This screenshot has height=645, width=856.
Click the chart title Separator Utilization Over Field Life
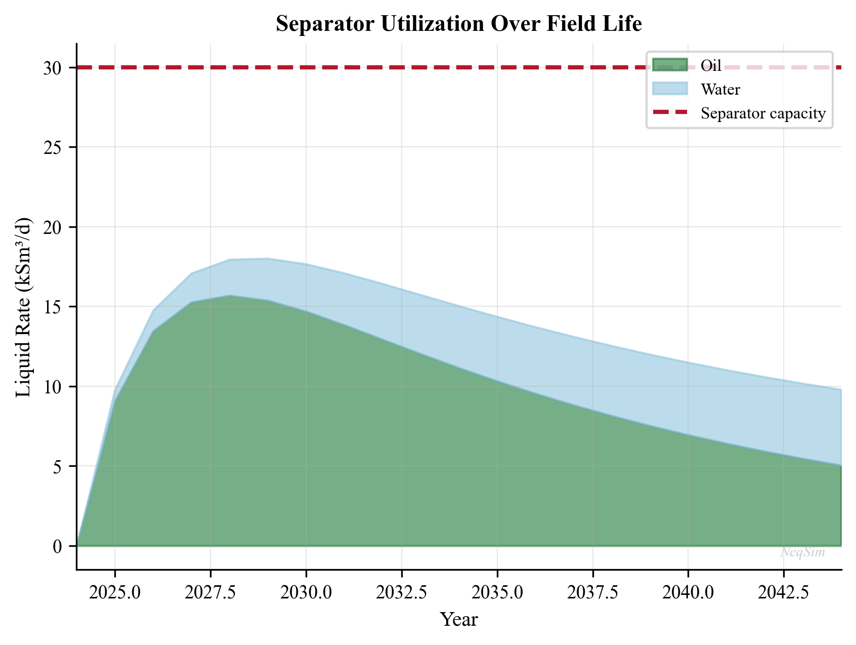[459, 24]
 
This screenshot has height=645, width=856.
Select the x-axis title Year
[459, 619]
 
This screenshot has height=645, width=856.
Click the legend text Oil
[711, 66]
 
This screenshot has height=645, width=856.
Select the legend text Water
[720, 90]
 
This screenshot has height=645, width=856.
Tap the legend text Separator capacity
[763, 113]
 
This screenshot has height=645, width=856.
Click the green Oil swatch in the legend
[670, 65]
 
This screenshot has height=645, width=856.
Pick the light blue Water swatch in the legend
[670, 89]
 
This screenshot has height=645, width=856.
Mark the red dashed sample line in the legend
[670, 113]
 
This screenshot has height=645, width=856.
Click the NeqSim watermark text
[802, 552]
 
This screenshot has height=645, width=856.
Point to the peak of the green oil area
[230, 296]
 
